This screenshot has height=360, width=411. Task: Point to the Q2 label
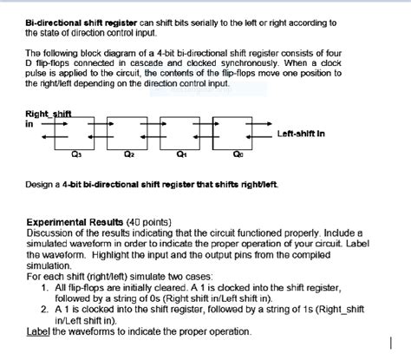click(x=128, y=156)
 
